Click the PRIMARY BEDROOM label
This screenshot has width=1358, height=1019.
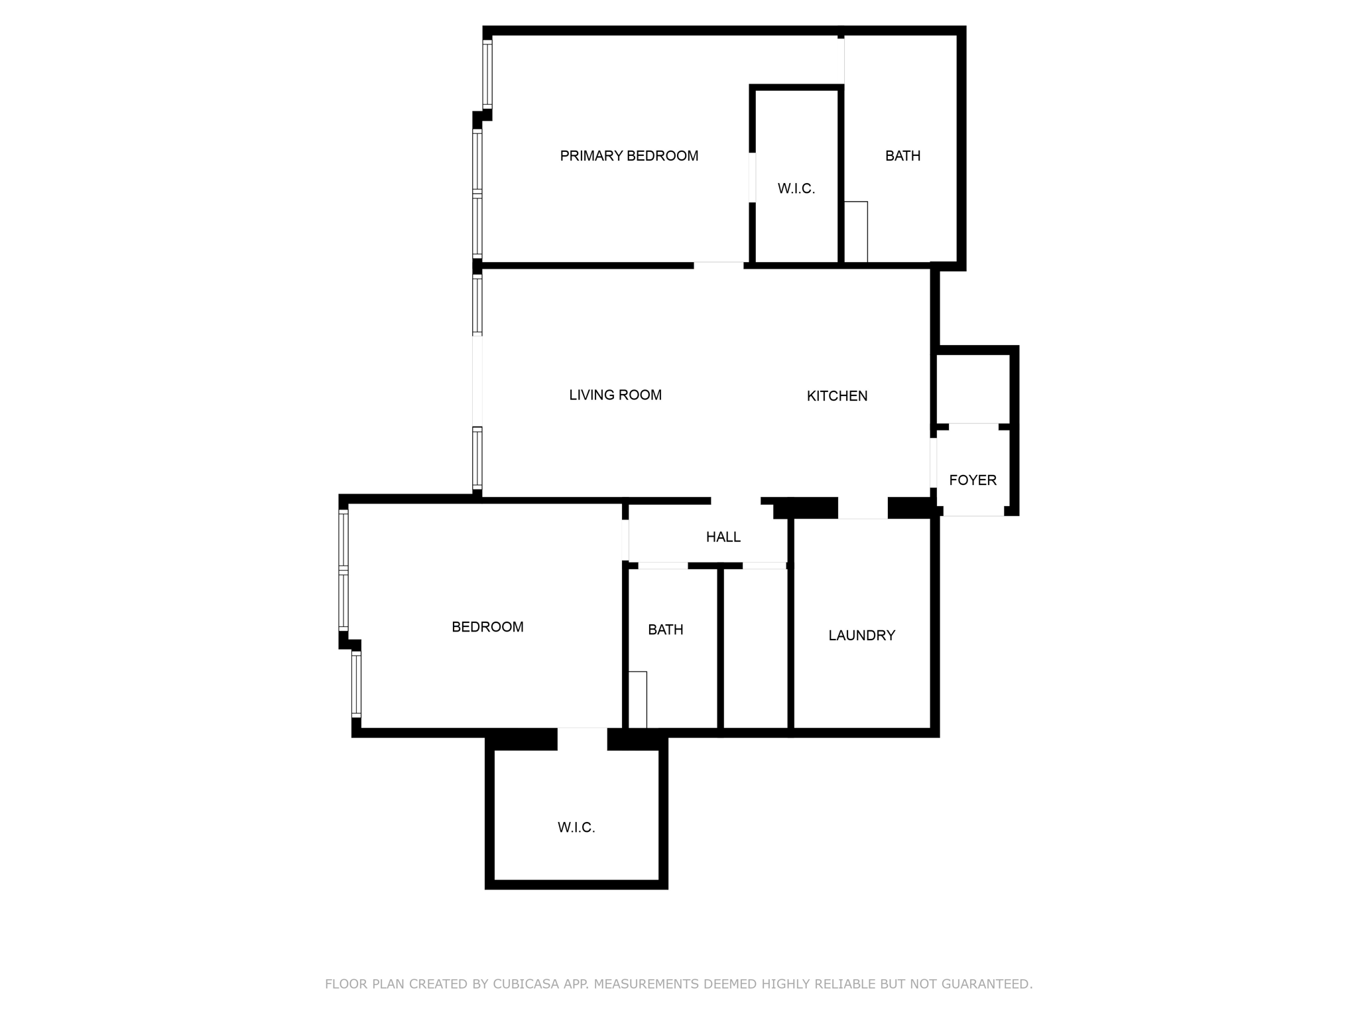629,156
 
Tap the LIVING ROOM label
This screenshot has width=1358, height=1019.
615,395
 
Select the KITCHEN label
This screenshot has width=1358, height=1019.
837,396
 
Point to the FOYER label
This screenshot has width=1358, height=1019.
972,480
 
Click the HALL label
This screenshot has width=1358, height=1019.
723,537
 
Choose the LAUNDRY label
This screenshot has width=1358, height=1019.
861,636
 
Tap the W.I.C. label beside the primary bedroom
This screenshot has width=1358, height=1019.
796,189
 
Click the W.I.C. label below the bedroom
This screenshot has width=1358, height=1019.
576,828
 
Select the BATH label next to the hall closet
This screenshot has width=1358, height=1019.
665,630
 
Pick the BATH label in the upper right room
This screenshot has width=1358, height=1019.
902,156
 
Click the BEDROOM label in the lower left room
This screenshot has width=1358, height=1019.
487,627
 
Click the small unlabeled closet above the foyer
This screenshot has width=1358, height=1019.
972,388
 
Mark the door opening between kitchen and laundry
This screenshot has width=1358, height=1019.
863,509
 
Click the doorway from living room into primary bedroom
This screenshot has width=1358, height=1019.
718,265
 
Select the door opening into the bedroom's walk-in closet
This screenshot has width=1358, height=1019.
582,738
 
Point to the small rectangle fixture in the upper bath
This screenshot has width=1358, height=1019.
856,232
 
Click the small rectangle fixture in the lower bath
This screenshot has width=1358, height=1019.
637,699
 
